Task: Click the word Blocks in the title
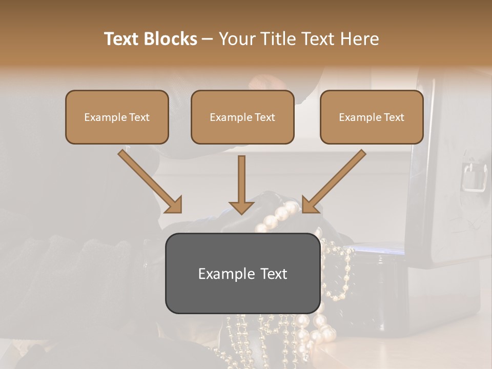pyautogui.click(x=170, y=38)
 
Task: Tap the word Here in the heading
pyautogui.click(x=360, y=38)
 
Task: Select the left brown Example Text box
pyautogui.click(x=117, y=117)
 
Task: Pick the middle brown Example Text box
pyautogui.click(x=242, y=117)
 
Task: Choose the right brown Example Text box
pyautogui.click(x=372, y=117)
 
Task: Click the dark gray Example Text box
pyautogui.click(x=242, y=273)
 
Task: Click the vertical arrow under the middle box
pyautogui.click(x=242, y=184)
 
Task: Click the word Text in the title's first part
pyautogui.click(x=121, y=38)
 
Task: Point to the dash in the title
pyautogui.click(x=208, y=39)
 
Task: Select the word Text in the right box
pyautogui.click(x=395, y=117)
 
